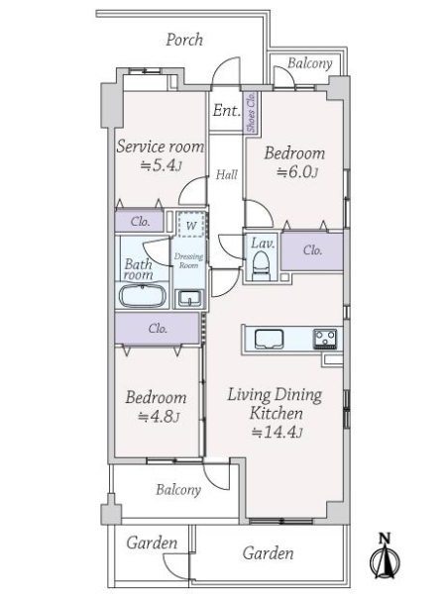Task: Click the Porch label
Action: [x=184, y=40]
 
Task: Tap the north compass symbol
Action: [x=384, y=556]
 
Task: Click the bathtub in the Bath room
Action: [x=144, y=297]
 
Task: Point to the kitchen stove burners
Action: [x=325, y=339]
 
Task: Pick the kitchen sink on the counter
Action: [x=268, y=339]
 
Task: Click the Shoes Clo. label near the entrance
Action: [x=252, y=112]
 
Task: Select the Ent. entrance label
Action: [x=226, y=111]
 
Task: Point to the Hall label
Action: [x=227, y=175]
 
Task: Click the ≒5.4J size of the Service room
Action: [x=161, y=165]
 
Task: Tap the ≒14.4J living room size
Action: [x=275, y=433]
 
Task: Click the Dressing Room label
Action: [x=188, y=261]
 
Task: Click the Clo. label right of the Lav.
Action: [x=313, y=250]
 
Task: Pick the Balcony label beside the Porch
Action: [x=309, y=63]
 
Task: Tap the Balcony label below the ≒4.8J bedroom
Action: [x=178, y=490]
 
